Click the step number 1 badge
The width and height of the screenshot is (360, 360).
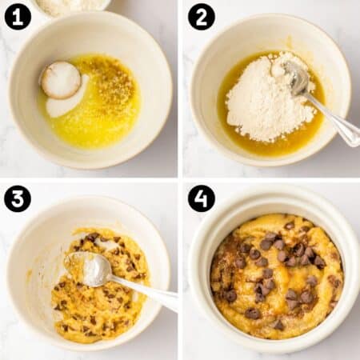click(18, 17)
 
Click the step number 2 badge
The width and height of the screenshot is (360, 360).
click(201, 17)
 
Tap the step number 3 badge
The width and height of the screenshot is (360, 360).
click(18, 198)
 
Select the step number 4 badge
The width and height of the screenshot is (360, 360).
click(201, 198)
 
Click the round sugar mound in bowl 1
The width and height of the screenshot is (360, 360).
click(61, 80)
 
